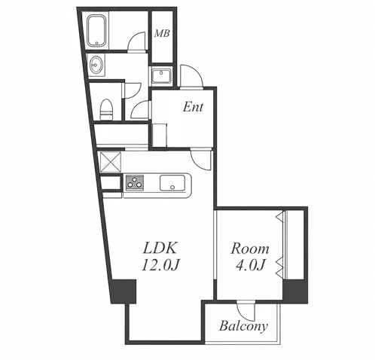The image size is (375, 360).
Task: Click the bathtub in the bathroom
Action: coord(96,31)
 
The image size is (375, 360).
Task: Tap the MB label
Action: coord(162,33)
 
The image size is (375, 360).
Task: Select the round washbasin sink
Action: coord(96,65)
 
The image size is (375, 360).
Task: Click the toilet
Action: coord(106,109)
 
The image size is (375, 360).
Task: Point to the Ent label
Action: coord(193,107)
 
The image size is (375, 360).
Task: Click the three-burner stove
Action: coord(135,182)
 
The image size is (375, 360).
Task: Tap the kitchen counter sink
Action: coord(172,182)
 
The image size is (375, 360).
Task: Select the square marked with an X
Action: coord(111,162)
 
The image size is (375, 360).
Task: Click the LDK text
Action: coord(160,248)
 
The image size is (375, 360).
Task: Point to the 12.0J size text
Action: coord(161,265)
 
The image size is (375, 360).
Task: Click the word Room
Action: coord(250,249)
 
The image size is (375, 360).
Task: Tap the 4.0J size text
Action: coord(250,265)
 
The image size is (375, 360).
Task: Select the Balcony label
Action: coord(243,326)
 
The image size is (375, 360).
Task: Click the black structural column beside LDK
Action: coord(123,291)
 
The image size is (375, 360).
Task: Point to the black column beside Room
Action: coord(295,291)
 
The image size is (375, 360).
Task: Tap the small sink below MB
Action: coord(161,75)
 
